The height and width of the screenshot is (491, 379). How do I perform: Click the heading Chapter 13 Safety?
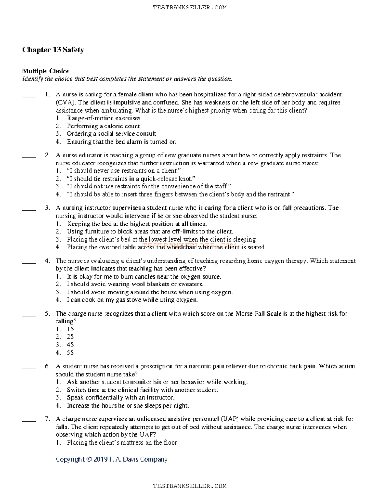point(53,50)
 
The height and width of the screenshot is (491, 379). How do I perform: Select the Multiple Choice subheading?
point(45,71)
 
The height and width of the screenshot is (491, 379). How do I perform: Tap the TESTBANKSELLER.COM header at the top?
point(189,8)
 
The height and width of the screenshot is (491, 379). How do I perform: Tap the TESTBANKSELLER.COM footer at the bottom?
point(189,486)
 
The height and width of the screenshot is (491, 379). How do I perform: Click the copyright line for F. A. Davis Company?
point(111,459)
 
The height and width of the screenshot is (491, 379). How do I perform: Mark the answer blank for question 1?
point(29,95)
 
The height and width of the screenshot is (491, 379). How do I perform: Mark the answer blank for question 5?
point(29,314)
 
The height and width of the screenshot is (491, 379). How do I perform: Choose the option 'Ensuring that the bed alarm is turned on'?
point(121,142)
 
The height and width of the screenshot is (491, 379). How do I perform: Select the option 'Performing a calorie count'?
point(103,126)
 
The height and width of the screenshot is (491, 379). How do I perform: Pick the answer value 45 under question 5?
point(70,345)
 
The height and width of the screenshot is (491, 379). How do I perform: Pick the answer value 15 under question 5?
point(70,329)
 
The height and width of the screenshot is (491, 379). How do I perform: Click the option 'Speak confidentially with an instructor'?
point(120,398)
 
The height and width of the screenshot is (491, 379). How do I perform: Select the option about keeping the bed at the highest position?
point(136,224)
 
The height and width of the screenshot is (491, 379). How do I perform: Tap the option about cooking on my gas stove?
point(132,300)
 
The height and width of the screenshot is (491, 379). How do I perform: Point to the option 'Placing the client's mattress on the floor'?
point(122,443)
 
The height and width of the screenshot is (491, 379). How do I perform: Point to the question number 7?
point(47,419)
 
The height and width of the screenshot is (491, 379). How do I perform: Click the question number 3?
point(47,208)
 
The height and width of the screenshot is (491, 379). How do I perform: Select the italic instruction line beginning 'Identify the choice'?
point(127,79)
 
